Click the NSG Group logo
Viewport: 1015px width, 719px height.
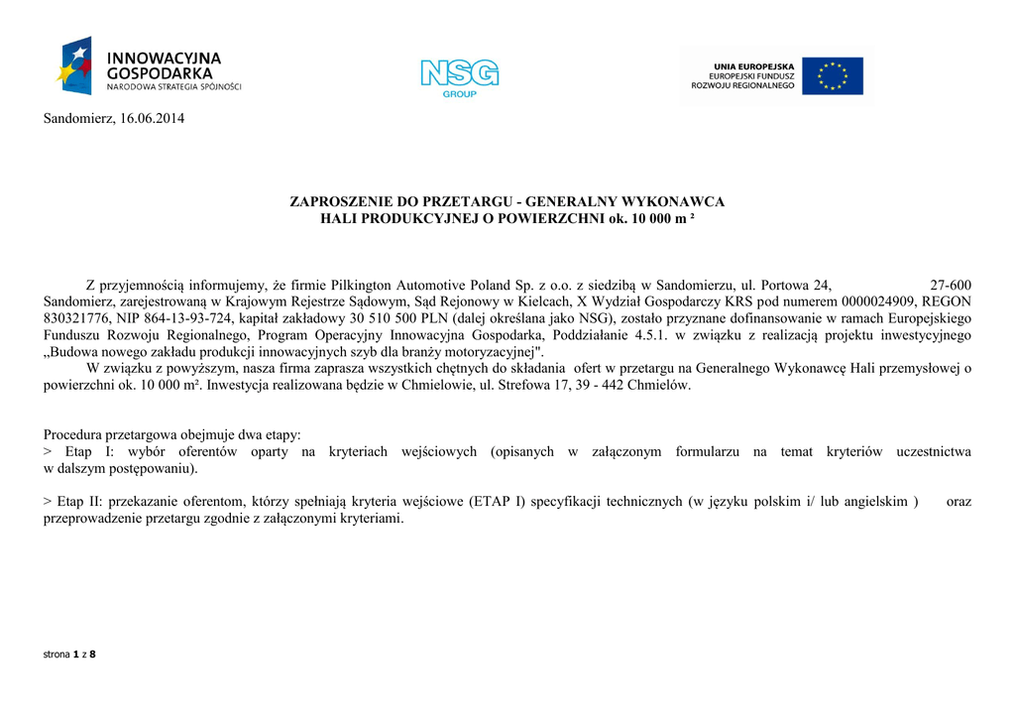tap(459, 76)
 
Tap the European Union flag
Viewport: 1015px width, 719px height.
tap(832, 76)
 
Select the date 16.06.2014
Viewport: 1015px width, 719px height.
tap(152, 119)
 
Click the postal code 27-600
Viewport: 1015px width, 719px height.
tap(952, 284)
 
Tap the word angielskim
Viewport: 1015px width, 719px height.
tap(875, 502)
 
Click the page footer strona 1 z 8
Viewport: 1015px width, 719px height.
tap(69, 655)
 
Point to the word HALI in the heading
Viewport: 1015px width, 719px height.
tap(339, 219)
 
